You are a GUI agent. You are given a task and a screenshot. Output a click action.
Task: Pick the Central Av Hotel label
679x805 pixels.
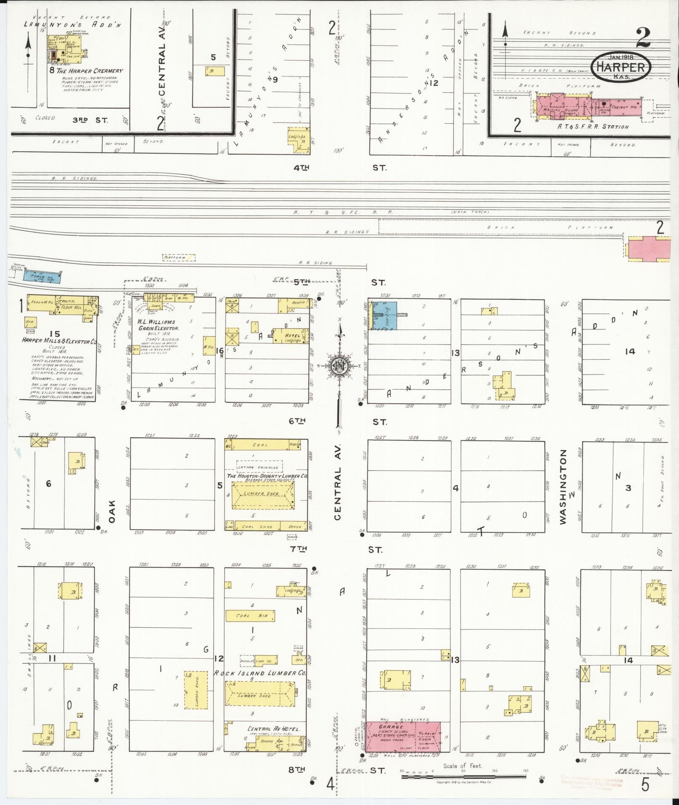[274, 728]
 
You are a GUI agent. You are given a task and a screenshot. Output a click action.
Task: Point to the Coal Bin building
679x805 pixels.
[250, 616]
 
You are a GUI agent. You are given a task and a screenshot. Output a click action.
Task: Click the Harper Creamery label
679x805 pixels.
[90, 71]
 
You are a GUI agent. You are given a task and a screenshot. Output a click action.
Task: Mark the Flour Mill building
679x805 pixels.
[71, 307]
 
